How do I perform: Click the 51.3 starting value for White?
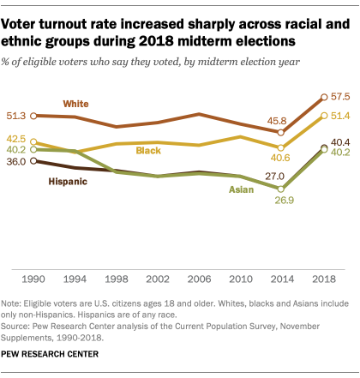tap(15, 115)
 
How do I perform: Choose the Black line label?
tap(149, 151)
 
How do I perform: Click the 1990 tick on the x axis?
tap(34, 280)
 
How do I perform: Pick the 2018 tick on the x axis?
tap(323, 280)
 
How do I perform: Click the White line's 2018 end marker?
tap(323, 97)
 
